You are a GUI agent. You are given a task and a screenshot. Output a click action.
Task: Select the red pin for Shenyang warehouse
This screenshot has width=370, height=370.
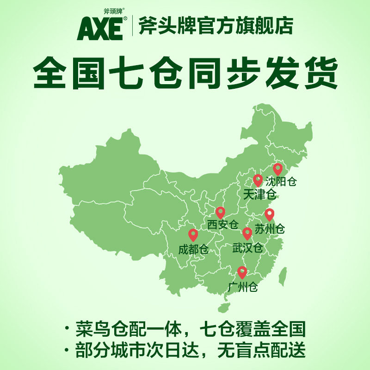click(x=277, y=169)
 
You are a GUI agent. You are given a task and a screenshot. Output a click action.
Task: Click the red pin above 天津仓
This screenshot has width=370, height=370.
click(x=258, y=180)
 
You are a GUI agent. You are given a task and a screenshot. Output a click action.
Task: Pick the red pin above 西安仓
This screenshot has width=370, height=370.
click(x=221, y=212)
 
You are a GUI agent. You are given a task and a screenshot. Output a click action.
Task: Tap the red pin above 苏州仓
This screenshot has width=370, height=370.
click(x=269, y=215)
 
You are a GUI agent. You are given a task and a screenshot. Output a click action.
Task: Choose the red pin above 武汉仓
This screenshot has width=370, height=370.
click(x=247, y=233)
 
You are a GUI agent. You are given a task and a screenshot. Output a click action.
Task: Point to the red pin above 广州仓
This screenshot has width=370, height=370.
click(x=242, y=272)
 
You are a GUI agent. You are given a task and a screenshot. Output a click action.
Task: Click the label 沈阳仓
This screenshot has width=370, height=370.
click(x=281, y=182)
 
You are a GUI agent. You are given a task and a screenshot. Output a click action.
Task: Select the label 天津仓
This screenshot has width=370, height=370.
click(x=259, y=194)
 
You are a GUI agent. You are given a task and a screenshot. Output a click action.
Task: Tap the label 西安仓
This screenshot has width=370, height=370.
click(x=222, y=225)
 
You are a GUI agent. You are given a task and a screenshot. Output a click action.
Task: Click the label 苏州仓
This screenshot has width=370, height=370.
click(x=270, y=228)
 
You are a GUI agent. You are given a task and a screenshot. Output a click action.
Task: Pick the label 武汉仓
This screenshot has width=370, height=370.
click(x=247, y=247)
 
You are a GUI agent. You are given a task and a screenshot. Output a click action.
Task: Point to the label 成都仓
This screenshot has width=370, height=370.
click(x=193, y=250)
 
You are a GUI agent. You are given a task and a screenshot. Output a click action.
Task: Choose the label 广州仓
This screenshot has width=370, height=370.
click(x=243, y=287)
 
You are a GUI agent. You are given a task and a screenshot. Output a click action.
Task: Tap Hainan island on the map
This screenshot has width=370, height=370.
click(x=224, y=307)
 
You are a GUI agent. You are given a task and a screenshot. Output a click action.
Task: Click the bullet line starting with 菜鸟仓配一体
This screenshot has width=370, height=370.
click(x=185, y=330)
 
